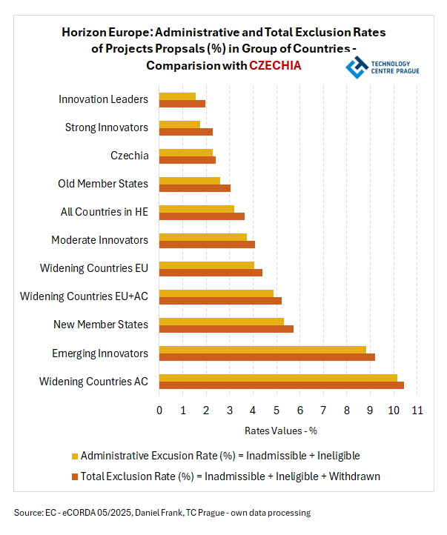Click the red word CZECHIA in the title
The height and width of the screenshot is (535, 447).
275,65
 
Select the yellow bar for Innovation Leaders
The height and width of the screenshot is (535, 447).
177,96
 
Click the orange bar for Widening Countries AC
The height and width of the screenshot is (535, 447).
281,385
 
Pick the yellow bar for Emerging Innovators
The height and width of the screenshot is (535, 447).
262,349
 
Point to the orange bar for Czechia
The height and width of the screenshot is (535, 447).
187,160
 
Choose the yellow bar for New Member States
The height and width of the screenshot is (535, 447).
221,321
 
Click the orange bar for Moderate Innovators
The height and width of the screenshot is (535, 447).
207,245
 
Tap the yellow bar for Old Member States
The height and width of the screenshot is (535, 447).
189,180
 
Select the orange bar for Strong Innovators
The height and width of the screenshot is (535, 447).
185,132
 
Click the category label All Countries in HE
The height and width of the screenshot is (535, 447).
105,212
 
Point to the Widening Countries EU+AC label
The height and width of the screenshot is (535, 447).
84,296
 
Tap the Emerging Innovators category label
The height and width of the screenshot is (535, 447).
100,353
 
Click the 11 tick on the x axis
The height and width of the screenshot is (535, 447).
417,411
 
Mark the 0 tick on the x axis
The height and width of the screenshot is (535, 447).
159,411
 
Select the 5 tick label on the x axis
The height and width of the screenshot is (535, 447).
277,411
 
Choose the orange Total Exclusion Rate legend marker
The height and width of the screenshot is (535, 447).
74,476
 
